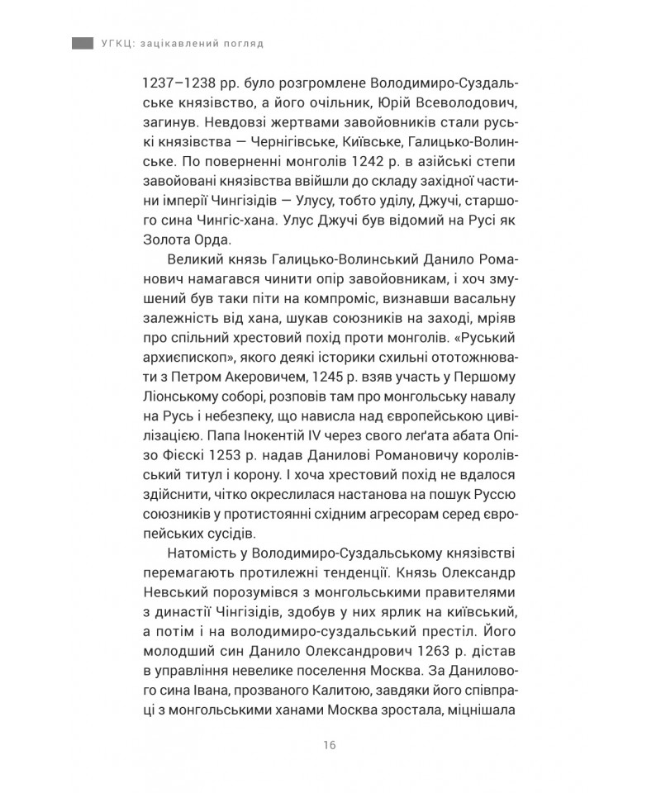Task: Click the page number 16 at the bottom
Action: click(330, 745)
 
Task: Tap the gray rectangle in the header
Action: click(82, 43)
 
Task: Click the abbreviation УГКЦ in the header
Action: click(118, 43)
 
